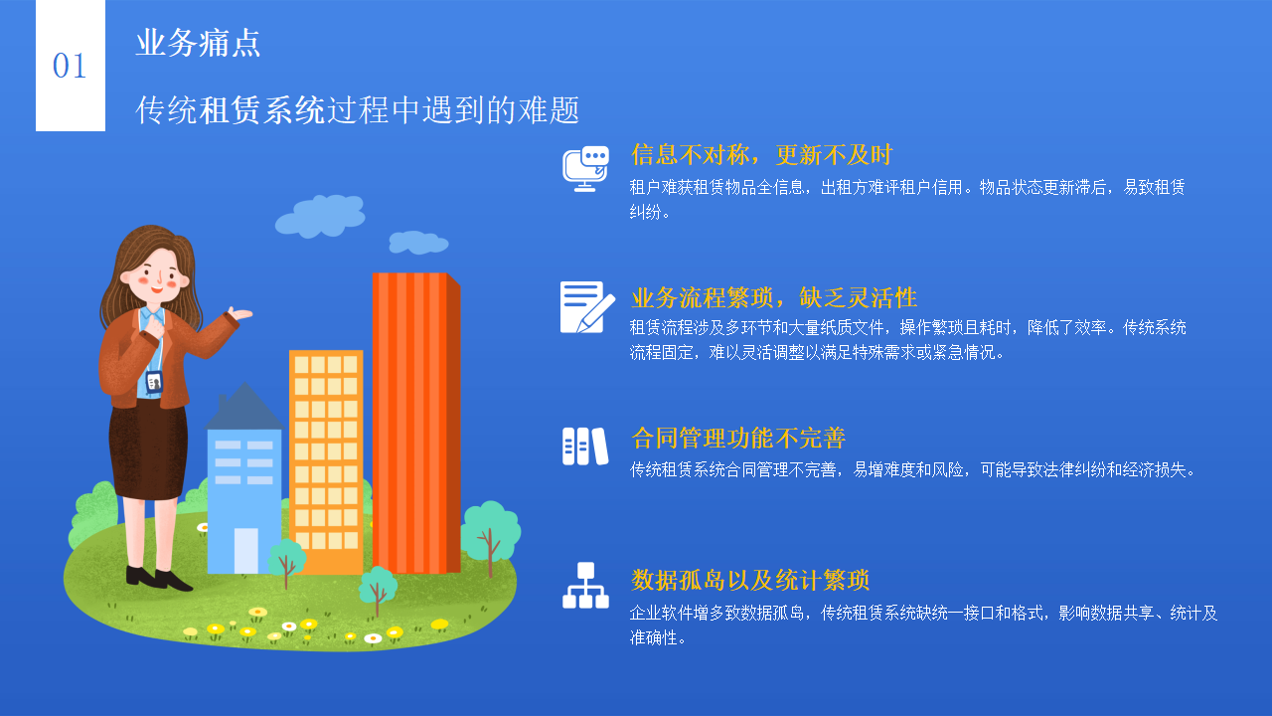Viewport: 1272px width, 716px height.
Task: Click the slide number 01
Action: [70, 67]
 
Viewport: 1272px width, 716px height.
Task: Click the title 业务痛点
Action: [198, 43]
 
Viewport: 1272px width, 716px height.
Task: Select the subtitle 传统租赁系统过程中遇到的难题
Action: [358, 110]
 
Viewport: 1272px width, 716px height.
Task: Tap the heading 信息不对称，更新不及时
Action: [761, 155]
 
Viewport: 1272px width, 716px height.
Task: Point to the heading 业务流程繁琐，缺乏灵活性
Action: [773, 297]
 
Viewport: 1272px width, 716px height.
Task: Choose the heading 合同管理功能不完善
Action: [738, 439]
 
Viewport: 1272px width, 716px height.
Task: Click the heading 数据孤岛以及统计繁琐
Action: [750, 580]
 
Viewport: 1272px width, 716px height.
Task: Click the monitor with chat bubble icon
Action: [585, 168]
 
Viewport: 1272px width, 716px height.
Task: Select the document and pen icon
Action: [587, 307]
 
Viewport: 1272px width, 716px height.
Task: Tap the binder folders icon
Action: [584, 447]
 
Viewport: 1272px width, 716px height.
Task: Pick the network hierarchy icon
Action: [585, 586]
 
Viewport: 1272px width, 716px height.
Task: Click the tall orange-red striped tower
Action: [415, 423]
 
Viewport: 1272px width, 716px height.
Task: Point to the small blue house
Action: [243, 477]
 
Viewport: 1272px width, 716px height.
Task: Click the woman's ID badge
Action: [154, 381]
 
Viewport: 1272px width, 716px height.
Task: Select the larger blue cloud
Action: [320, 216]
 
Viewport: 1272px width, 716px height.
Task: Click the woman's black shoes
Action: [158, 578]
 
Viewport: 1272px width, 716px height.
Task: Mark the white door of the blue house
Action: [245, 550]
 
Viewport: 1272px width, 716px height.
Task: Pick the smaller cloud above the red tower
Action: [417, 242]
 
